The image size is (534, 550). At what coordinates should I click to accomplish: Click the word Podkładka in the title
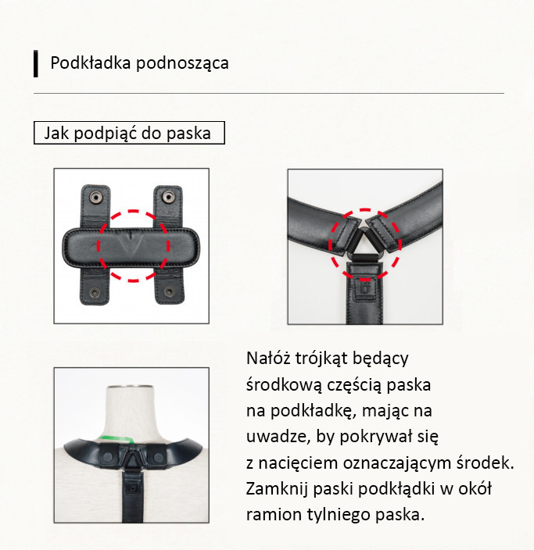91,63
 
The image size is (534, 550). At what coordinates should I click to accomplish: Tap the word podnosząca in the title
182,64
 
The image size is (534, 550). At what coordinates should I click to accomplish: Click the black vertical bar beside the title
36,63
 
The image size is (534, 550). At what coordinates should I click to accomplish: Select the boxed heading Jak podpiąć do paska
129,133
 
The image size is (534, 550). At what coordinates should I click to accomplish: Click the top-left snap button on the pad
95,197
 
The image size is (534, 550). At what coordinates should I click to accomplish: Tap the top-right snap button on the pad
168,196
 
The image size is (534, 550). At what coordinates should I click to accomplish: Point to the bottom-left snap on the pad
95,292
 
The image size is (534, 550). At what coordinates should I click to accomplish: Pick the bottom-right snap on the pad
170,291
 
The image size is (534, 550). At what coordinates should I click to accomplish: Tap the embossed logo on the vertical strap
365,284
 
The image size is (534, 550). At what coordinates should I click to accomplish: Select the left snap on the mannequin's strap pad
108,457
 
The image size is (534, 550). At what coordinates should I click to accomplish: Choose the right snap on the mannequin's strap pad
159,457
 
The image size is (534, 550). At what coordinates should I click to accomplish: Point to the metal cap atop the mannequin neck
130,387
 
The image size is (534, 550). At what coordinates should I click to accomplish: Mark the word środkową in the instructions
284,385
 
